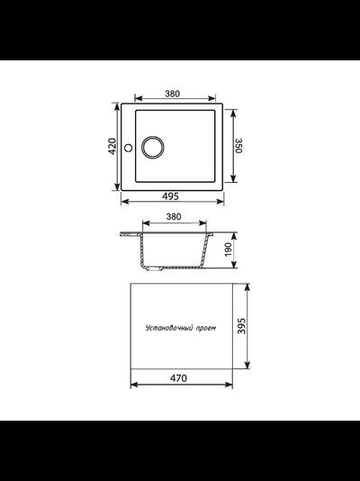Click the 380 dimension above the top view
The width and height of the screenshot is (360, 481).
[x=176, y=93]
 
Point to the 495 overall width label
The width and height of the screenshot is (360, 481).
[x=176, y=196]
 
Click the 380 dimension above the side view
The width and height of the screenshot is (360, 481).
[x=176, y=217]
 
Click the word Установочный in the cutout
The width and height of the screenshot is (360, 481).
[x=166, y=329]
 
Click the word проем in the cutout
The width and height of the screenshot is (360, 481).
[x=206, y=329]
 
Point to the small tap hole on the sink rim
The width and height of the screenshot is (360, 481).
[x=128, y=147]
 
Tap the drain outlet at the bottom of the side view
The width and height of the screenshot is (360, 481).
[x=159, y=268]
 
